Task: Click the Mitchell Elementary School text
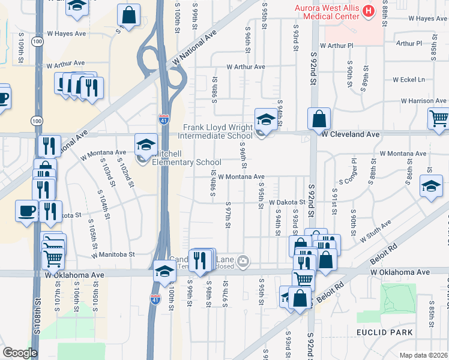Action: point(186,162)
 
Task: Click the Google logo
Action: point(20,353)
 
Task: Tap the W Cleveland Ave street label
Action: point(350,135)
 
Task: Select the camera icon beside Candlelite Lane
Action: point(243,260)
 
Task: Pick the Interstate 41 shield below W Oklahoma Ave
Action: point(155,298)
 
